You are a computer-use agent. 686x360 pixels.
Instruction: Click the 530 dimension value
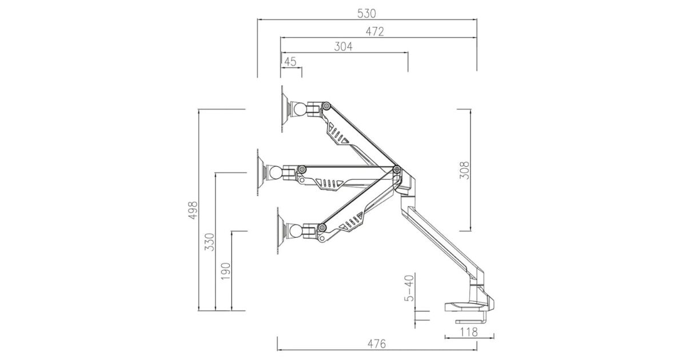click(366, 14)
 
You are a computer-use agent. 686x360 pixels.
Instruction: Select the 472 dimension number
click(375, 31)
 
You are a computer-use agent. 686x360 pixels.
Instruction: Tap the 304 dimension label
click(344, 47)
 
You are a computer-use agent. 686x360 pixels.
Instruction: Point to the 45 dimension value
click(290, 62)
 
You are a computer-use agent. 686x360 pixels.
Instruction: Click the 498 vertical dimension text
click(193, 210)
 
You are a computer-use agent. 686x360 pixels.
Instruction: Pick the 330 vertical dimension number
click(210, 242)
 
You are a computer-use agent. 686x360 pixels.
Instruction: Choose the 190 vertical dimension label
click(226, 271)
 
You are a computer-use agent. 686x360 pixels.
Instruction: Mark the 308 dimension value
click(464, 170)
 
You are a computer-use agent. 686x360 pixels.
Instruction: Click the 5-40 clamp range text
click(409, 288)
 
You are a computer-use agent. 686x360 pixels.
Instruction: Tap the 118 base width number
click(469, 332)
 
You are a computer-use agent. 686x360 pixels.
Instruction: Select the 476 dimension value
click(377, 344)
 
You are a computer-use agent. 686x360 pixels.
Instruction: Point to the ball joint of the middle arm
click(275, 172)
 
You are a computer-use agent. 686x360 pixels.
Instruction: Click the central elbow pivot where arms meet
click(397, 169)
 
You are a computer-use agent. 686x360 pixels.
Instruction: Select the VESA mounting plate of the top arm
click(285, 110)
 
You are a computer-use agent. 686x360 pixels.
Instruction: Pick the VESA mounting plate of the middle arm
click(261, 173)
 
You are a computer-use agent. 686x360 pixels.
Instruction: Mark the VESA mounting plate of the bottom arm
click(281, 230)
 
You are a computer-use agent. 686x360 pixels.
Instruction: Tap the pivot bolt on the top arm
click(326, 106)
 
